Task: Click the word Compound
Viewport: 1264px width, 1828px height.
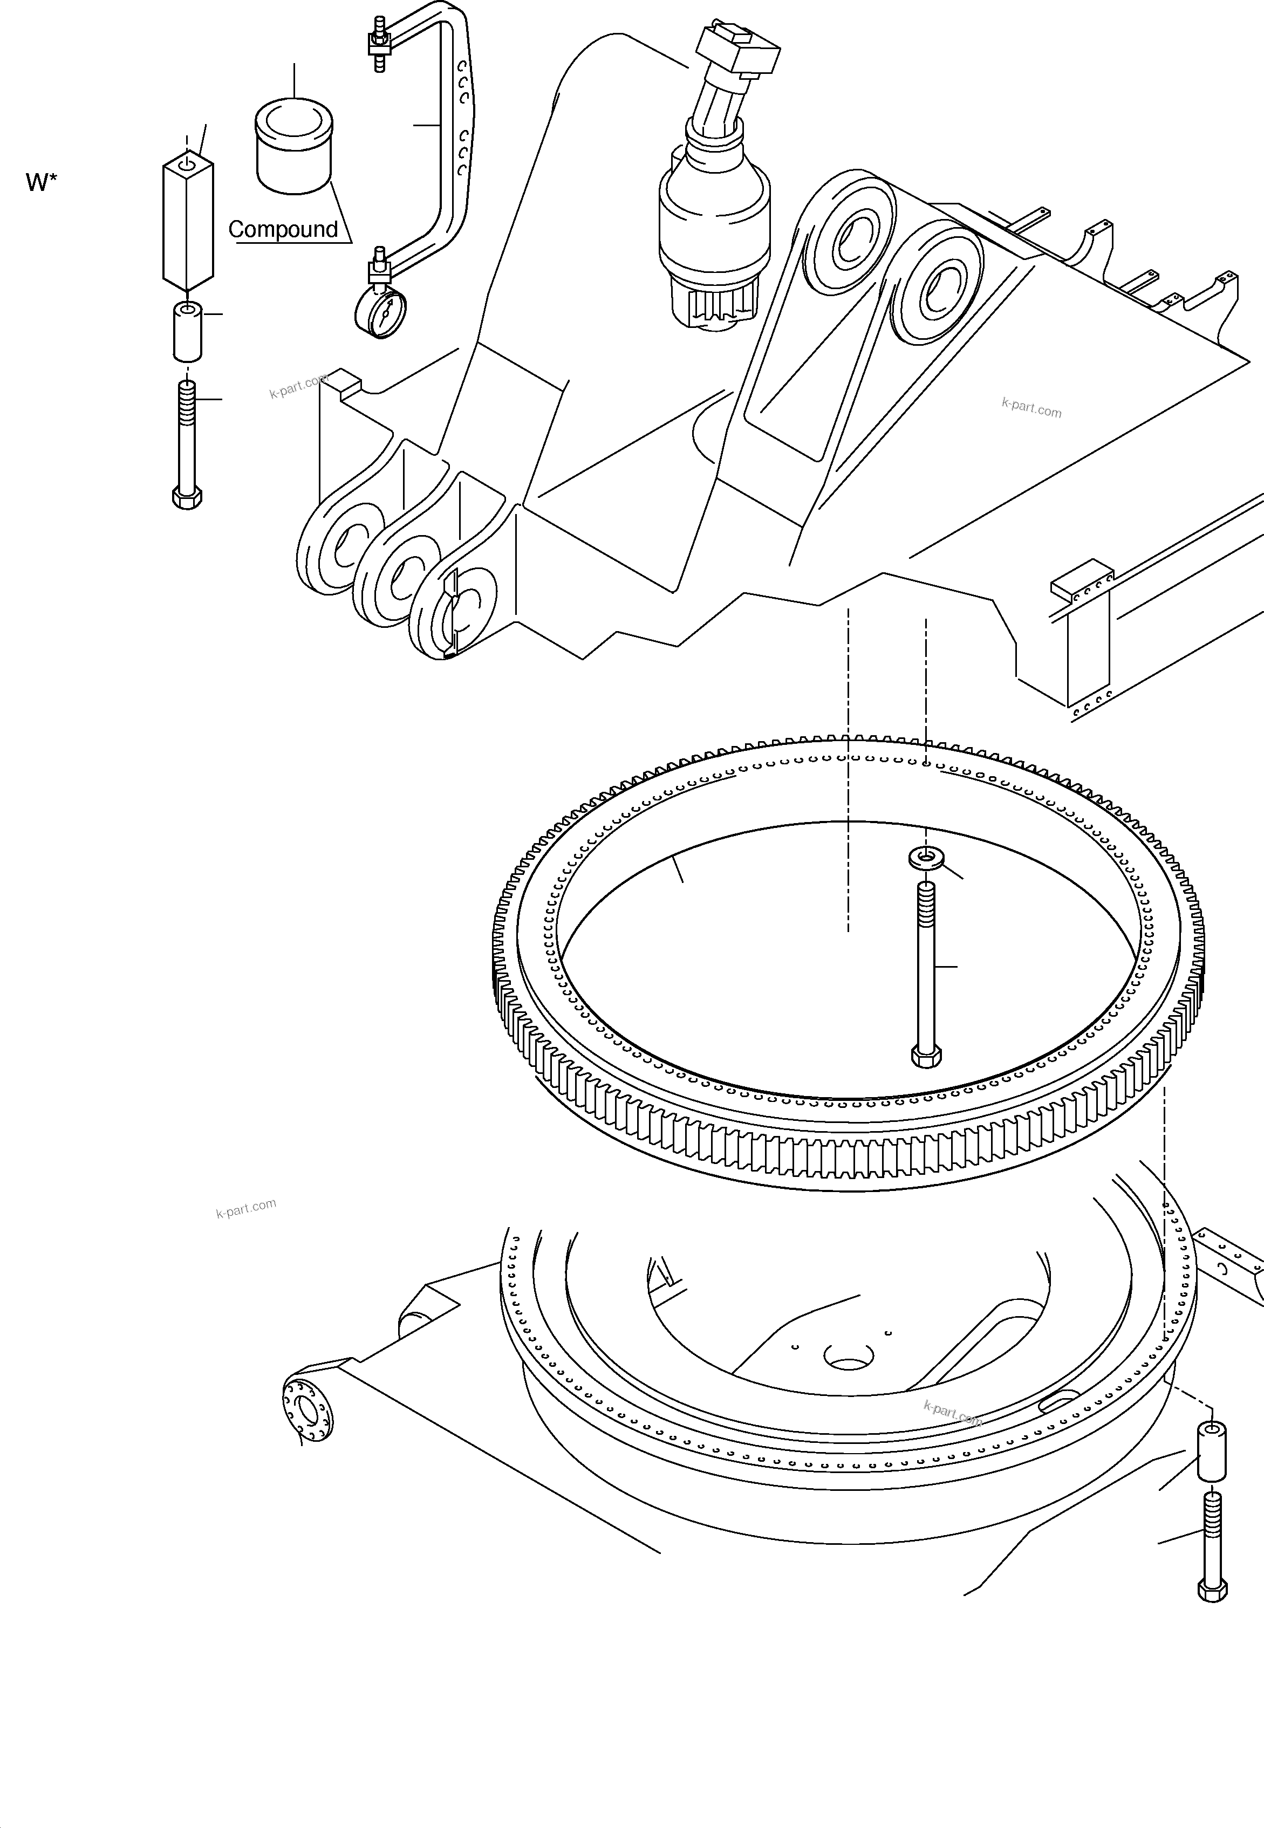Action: (283, 230)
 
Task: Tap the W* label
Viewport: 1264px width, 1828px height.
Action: (41, 183)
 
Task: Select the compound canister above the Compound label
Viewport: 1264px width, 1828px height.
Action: (294, 147)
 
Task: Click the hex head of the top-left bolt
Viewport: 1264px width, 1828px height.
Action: (187, 498)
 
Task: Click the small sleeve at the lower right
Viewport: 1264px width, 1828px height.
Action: (1211, 1451)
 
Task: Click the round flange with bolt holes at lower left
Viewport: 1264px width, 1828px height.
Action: (306, 1410)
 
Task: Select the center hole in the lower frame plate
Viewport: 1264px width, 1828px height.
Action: (848, 1356)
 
